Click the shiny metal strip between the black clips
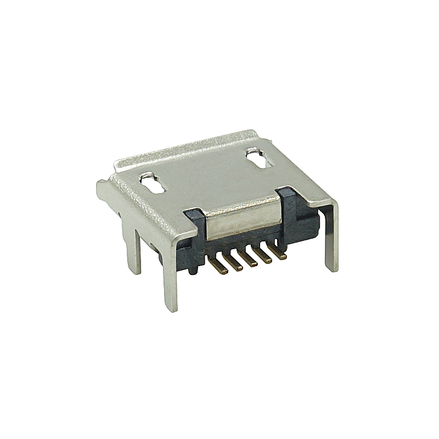click(x=241, y=217)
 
